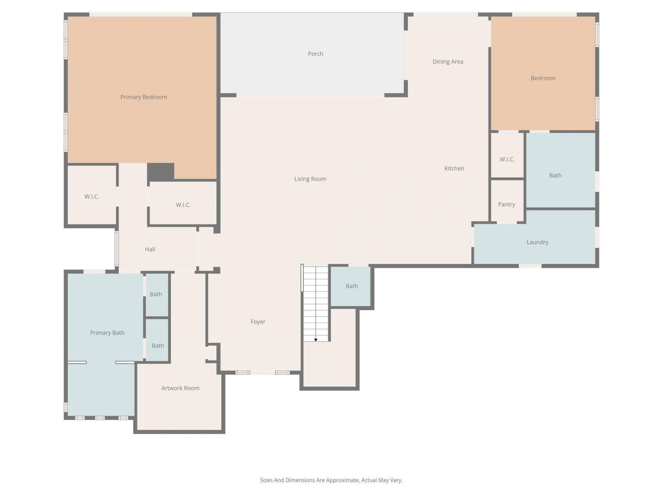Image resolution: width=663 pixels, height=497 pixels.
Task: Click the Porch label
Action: tap(315, 54)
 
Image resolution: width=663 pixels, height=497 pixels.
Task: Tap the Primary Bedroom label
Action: tap(143, 97)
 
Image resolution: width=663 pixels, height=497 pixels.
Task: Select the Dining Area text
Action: tap(448, 61)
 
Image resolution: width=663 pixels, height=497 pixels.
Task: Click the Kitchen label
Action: tap(454, 168)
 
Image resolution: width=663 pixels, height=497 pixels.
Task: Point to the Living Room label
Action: tap(310, 179)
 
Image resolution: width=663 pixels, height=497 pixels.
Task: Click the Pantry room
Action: tap(506, 204)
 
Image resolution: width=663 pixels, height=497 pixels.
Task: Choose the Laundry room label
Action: tap(537, 242)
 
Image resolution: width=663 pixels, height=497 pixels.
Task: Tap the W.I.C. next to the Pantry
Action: tap(507, 159)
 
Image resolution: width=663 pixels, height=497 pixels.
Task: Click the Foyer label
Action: tap(258, 322)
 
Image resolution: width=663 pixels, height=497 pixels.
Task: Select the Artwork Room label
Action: tap(180, 388)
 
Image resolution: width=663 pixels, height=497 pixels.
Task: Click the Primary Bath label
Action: tap(107, 333)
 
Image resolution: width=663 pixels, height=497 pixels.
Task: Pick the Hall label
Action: tap(150, 249)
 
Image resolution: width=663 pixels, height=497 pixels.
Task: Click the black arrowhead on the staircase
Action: tap(316, 340)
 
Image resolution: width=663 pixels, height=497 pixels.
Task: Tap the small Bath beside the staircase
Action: tap(352, 286)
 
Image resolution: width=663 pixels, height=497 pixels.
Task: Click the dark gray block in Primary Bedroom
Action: tap(161, 172)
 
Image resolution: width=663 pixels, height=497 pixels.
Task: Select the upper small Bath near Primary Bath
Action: tap(156, 294)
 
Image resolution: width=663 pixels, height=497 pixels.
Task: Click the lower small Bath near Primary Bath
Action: tap(158, 345)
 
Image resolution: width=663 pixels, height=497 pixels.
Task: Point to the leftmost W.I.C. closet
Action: tap(92, 196)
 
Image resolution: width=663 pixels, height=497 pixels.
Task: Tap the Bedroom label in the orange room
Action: tap(543, 78)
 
